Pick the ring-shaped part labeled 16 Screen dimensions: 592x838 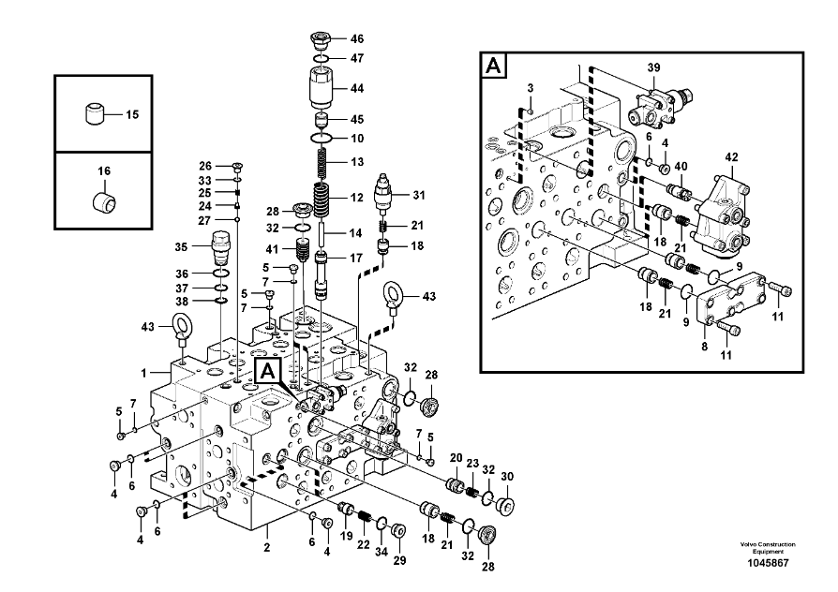(x=103, y=200)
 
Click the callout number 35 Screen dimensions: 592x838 (x=181, y=247)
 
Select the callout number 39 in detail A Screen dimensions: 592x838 (x=654, y=67)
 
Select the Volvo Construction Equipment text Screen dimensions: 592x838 (x=767, y=548)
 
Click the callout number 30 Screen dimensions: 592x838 (x=507, y=477)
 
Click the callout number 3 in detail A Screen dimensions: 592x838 (x=530, y=87)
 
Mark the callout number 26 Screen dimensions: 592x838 (x=206, y=166)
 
